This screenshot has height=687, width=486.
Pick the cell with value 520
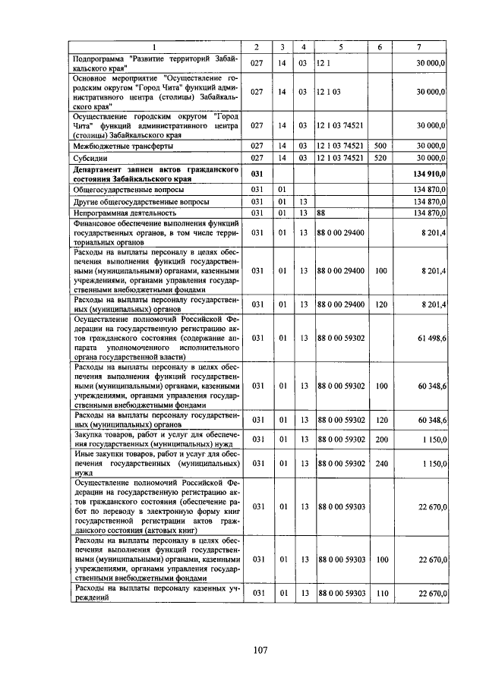coord(380,158)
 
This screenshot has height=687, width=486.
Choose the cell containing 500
coord(380,145)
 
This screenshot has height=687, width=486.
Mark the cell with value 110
coord(380,593)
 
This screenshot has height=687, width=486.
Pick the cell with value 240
coord(380,462)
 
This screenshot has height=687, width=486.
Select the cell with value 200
coord(380,439)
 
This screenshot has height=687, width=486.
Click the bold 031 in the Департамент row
coord(257,174)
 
